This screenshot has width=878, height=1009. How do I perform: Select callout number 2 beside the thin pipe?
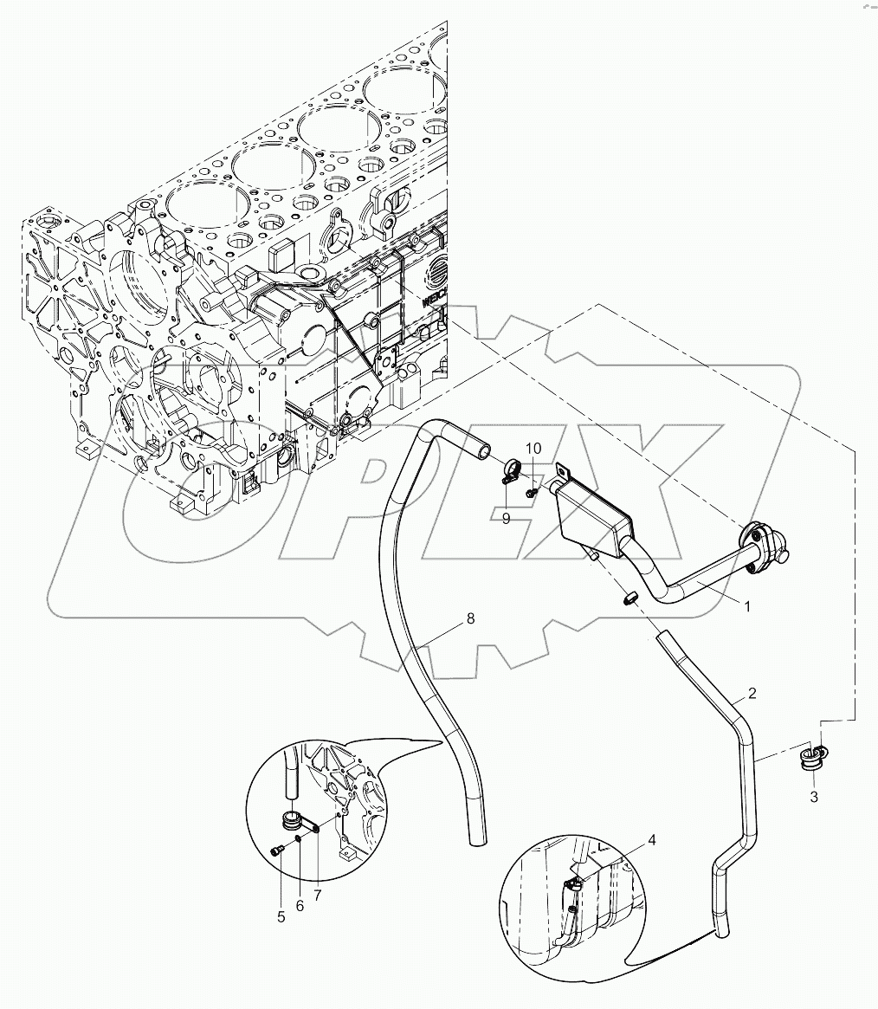752,693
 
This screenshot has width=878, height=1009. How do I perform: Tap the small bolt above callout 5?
278,852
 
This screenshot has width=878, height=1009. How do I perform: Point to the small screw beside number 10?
532,491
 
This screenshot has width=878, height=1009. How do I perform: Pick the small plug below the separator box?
630,597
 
